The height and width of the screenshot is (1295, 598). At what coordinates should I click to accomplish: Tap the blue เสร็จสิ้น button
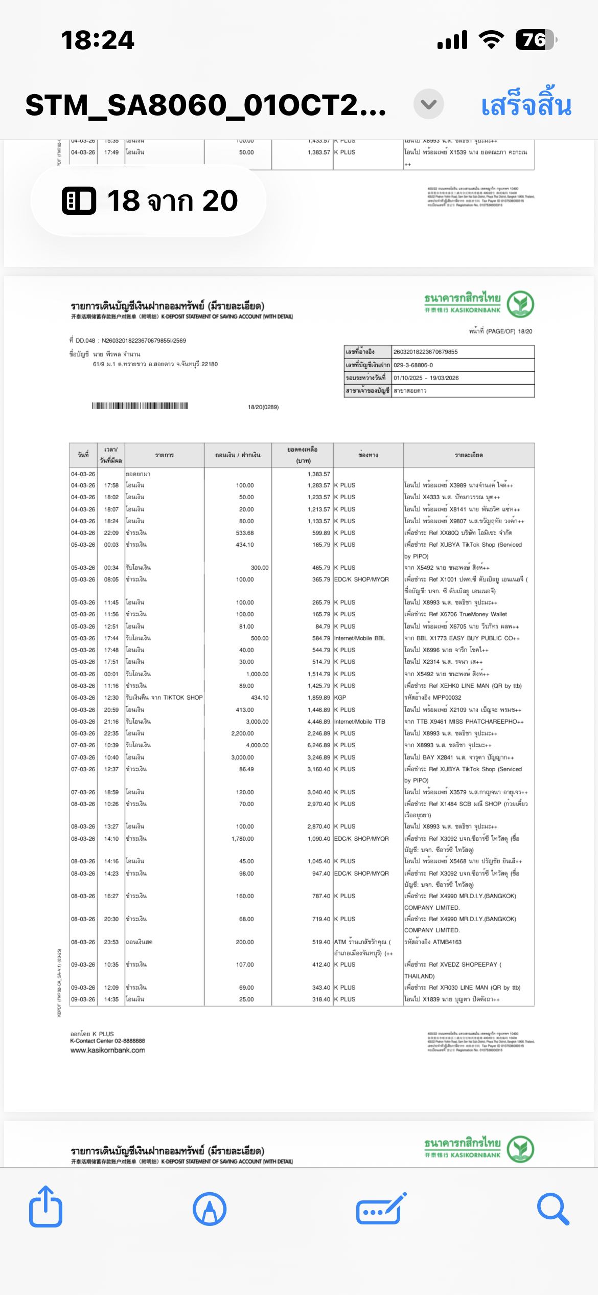[526, 105]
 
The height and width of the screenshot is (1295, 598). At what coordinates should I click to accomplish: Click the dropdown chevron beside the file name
[428, 104]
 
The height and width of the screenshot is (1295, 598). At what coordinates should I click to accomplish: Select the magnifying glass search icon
[553, 1209]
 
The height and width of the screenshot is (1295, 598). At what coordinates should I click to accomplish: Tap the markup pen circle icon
[210, 1209]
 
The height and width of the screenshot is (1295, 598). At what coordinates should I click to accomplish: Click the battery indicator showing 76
[535, 40]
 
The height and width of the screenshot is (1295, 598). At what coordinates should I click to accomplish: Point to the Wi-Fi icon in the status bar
[491, 40]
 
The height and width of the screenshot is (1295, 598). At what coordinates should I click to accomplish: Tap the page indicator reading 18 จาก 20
[149, 200]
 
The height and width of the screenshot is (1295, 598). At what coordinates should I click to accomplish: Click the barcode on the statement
[140, 406]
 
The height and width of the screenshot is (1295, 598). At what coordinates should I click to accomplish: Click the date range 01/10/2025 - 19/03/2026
[426, 378]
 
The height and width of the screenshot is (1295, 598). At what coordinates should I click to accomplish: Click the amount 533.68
[245, 533]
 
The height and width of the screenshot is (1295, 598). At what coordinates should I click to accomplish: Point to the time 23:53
[111, 942]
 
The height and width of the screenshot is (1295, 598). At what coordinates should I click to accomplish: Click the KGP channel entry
[340, 698]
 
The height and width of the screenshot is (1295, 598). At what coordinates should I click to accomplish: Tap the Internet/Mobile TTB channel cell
[360, 722]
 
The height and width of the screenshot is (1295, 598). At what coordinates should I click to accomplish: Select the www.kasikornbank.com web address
[107, 1051]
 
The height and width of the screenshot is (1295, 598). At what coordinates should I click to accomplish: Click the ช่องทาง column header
[368, 455]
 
